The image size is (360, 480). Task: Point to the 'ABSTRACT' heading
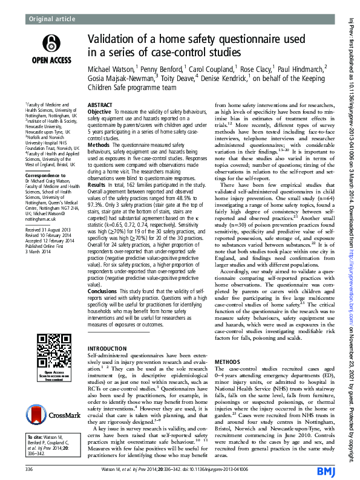pyautogui.click(x=100, y=105)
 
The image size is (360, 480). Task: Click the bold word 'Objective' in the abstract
pyautogui.click(x=100, y=112)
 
